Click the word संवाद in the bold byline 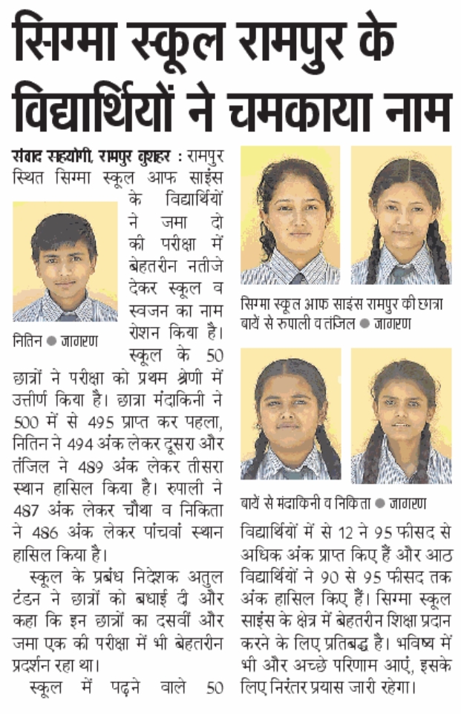(30, 157)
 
